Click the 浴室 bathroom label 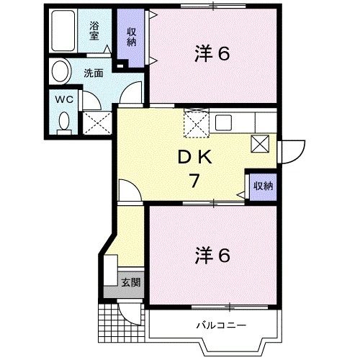(94, 30)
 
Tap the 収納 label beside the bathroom (132, 37)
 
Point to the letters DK (193, 157)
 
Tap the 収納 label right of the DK (262, 185)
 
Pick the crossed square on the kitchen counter (259, 143)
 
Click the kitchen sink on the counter (222, 122)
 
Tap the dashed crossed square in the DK (196, 123)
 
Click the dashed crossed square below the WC (94, 122)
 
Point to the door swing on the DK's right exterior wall (289, 150)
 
